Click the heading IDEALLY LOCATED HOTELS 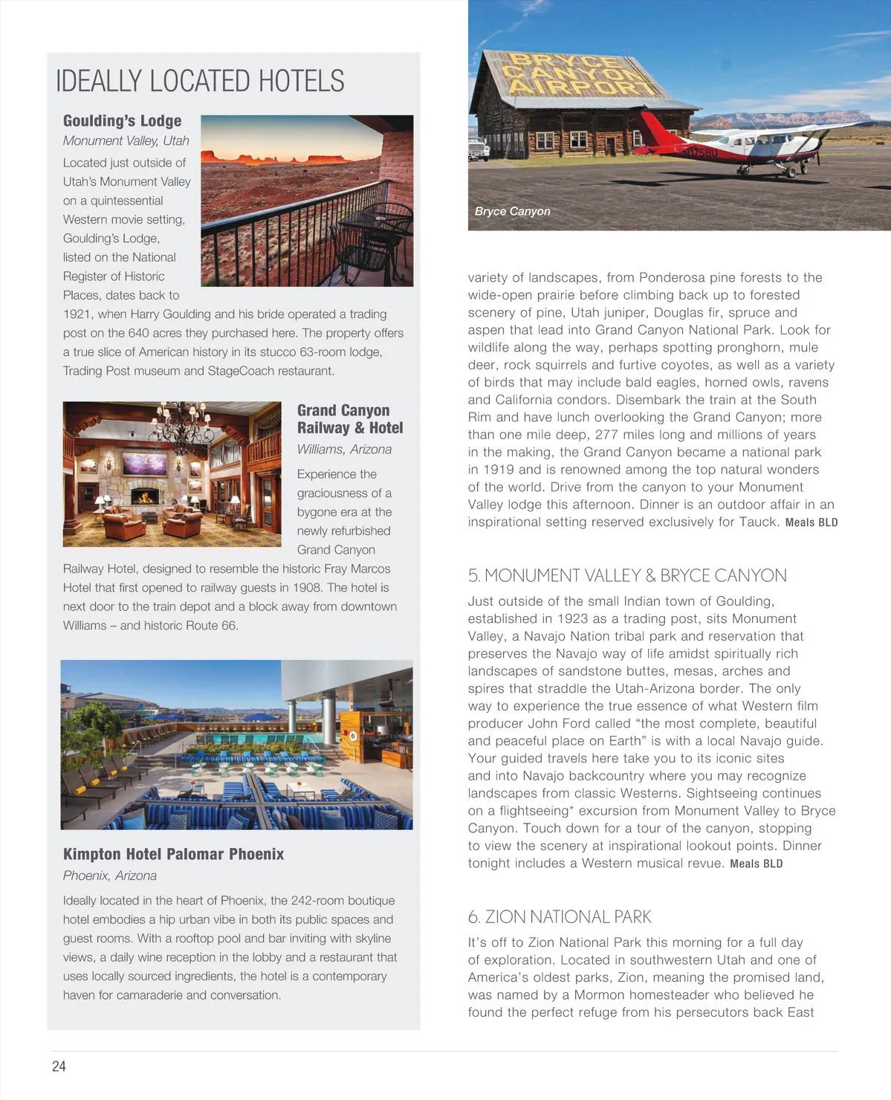coord(200,81)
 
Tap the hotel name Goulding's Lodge coord(122,120)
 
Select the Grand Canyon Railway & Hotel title coord(349,419)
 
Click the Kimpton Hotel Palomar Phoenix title coord(173,854)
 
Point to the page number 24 coord(59,1066)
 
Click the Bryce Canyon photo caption coord(512,211)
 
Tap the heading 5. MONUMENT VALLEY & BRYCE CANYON coord(626,575)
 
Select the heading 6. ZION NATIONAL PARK coord(559,916)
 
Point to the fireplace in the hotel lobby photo coord(143,496)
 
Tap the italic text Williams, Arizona coord(344,450)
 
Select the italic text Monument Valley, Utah coord(126,140)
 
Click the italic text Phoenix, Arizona coord(110,876)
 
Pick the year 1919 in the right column coord(499,470)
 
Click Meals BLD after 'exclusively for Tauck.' coord(811,522)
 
